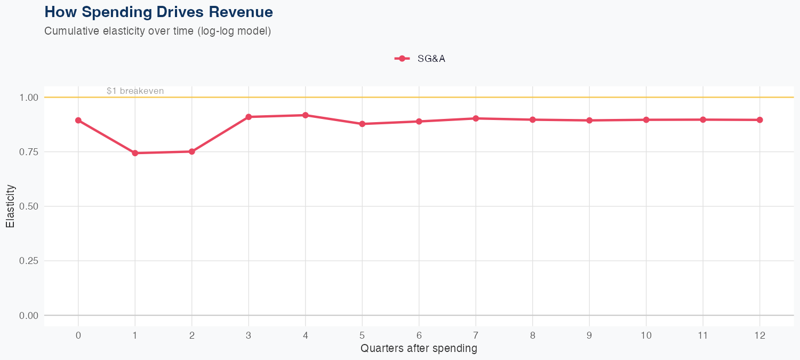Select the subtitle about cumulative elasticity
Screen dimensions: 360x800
pos(158,31)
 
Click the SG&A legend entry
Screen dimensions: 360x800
pos(420,59)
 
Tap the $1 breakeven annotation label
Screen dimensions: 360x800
pos(135,91)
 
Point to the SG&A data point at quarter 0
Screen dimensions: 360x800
pos(78,121)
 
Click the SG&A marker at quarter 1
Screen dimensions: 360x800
pos(135,153)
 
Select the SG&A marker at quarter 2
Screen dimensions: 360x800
pos(192,151)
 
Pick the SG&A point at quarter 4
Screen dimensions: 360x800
pos(306,115)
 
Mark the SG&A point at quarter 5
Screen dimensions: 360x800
pos(362,124)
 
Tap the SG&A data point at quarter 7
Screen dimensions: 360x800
pos(476,118)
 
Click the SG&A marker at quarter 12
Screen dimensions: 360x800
pos(759,120)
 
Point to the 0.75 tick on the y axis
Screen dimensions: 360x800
pos(29,152)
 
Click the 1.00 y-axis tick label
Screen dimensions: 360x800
pos(29,98)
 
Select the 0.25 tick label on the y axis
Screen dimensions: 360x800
pos(29,261)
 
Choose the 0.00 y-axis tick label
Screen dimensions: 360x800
pos(29,316)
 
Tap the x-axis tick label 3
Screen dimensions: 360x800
pos(249,335)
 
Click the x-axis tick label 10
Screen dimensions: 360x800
pos(646,335)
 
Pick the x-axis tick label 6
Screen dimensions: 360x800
pos(419,335)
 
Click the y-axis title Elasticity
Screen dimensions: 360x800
pos(10,206)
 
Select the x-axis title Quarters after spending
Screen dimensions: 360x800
pos(419,349)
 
